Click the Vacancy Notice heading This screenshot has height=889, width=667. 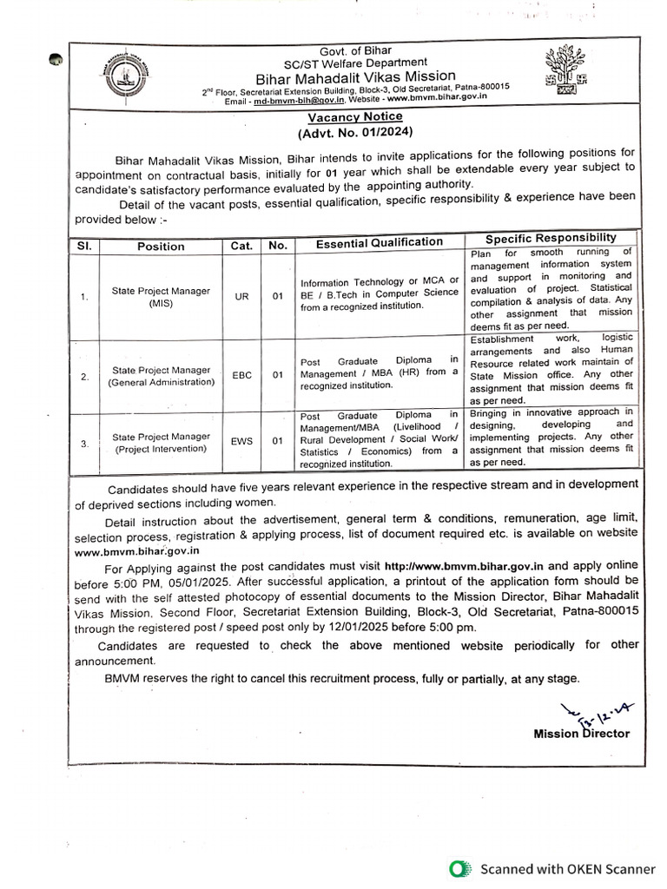(x=355, y=116)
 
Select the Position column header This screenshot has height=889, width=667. (x=161, y=246)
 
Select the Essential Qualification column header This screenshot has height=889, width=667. (x=379, y=243)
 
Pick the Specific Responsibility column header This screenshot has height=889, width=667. (x=551, y=238)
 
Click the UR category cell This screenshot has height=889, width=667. (x=241, y=297)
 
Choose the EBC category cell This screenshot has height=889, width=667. (x=241, y=375)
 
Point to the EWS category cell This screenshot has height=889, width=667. (x=241, y=441)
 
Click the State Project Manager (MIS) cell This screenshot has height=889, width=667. (x=161, y=297)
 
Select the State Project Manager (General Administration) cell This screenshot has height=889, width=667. (x=161, y=376)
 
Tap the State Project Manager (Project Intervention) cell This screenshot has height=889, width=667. (x=161, y=442)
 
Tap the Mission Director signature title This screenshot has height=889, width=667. (x=582, y=734)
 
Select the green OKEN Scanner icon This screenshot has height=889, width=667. (x=460, y=868)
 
